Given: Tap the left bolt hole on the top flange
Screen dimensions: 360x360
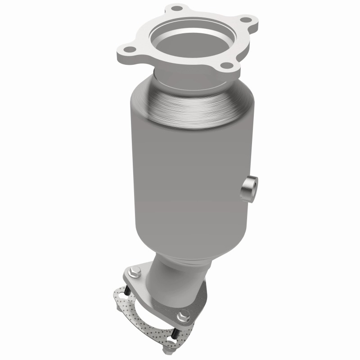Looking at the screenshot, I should click(128, 50).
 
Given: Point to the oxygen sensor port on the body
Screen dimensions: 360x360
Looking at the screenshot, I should click(249, 189).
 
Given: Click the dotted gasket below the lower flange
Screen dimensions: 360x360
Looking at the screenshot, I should click(135, 315).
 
